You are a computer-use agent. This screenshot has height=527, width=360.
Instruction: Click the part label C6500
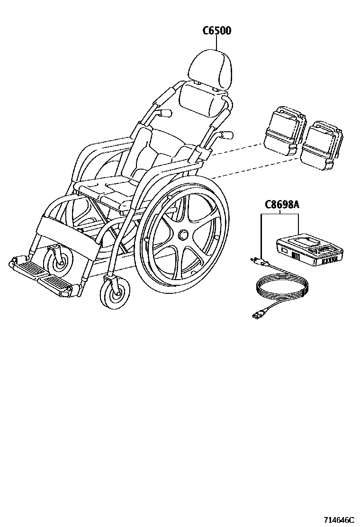(x=217, y=31)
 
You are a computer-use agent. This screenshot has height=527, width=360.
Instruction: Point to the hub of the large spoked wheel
(x=182, y=235)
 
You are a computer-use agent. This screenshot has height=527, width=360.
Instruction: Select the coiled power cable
(x=282, y=289)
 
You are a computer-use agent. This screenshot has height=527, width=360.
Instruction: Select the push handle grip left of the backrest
(x=163, y=113)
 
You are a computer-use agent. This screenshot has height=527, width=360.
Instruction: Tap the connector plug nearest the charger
(x=259, y=260)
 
